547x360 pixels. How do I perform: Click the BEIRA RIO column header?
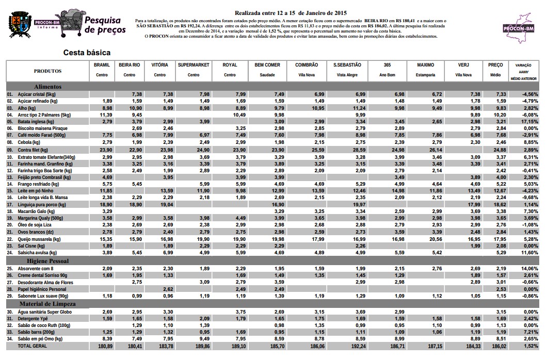pyautogui.click(x=129, y=65)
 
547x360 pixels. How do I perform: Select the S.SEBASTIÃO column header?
pyautogui.click(x=347, y=65)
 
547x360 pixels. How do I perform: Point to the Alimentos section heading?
pyautogui.click(x=47, y=87)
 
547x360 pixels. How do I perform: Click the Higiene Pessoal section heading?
pyautogui.click(x=51, y=261)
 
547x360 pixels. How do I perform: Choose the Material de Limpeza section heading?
pyautogui.click(x=54, y=304)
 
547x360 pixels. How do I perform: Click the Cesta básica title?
pyautogui.click(x=87, y=53)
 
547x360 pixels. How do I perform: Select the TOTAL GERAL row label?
pyautogui.click(x=33, y=346)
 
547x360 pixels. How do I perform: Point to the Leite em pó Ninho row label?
pyautogui.click(x=39, y=191)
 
